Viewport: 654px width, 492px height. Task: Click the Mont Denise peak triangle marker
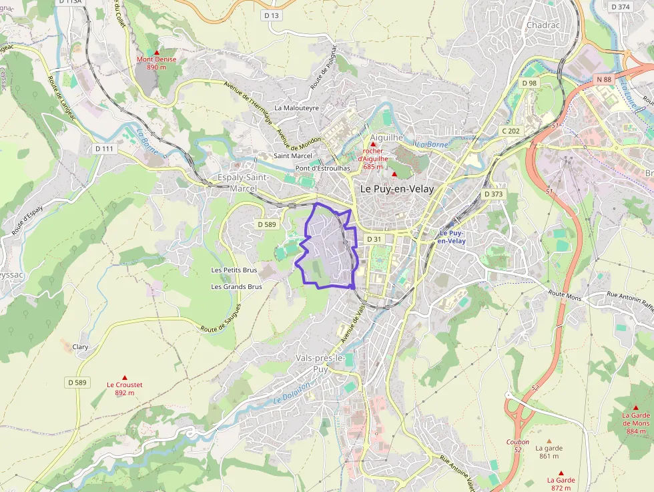coord(157,52)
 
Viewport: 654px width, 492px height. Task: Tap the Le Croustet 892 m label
coord(124,389)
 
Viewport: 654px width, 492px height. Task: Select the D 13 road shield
coord(271,15)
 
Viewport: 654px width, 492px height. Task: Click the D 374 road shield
coord(620,7)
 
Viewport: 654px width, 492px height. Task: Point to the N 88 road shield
coord(604,79)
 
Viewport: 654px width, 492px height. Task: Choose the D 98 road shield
coord(529,83)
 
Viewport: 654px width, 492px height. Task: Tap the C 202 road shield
coord(511,131)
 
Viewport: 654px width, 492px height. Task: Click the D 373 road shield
coord(493,194)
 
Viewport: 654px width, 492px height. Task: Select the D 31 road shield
coord(374,239)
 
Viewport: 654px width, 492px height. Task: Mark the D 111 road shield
coord(104,148)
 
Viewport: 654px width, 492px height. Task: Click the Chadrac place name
coord(543,25)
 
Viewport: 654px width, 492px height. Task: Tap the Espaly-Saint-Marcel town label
coord(244,182)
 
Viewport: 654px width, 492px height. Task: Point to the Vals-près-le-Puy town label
coord(320,363)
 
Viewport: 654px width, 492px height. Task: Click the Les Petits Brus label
coord(234,270)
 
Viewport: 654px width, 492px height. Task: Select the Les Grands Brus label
coord(236,286)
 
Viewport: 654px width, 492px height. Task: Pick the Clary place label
coord(80,347)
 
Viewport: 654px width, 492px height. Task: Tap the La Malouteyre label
coord(297,107)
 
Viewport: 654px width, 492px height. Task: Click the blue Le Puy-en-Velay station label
coord(452,237)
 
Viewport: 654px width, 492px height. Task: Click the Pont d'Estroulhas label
coord(323,168)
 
